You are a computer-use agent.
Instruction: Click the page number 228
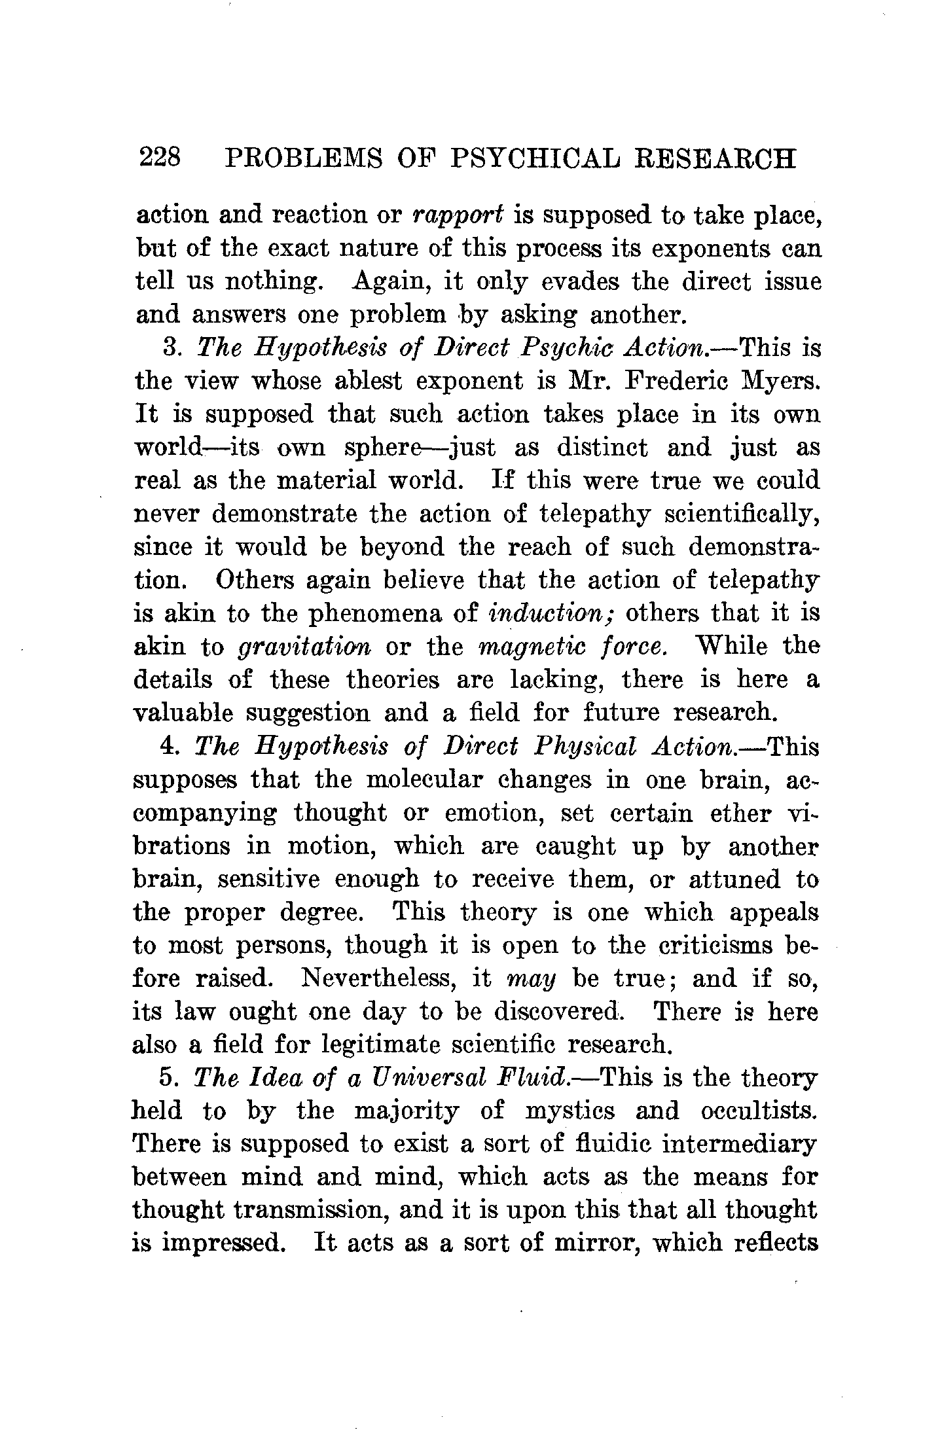click(160, 158)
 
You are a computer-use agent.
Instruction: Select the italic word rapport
click(458, 215)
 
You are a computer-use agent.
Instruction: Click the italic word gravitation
click(304, 647)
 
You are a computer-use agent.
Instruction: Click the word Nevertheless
click(381, 979)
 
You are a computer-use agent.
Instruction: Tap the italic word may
click(532, 980)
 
